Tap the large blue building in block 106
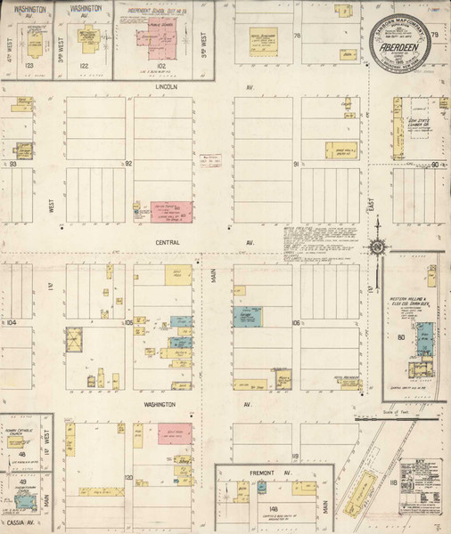tap(242, 317)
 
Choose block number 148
tap(274, 509)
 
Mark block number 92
tap(128, 164)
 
